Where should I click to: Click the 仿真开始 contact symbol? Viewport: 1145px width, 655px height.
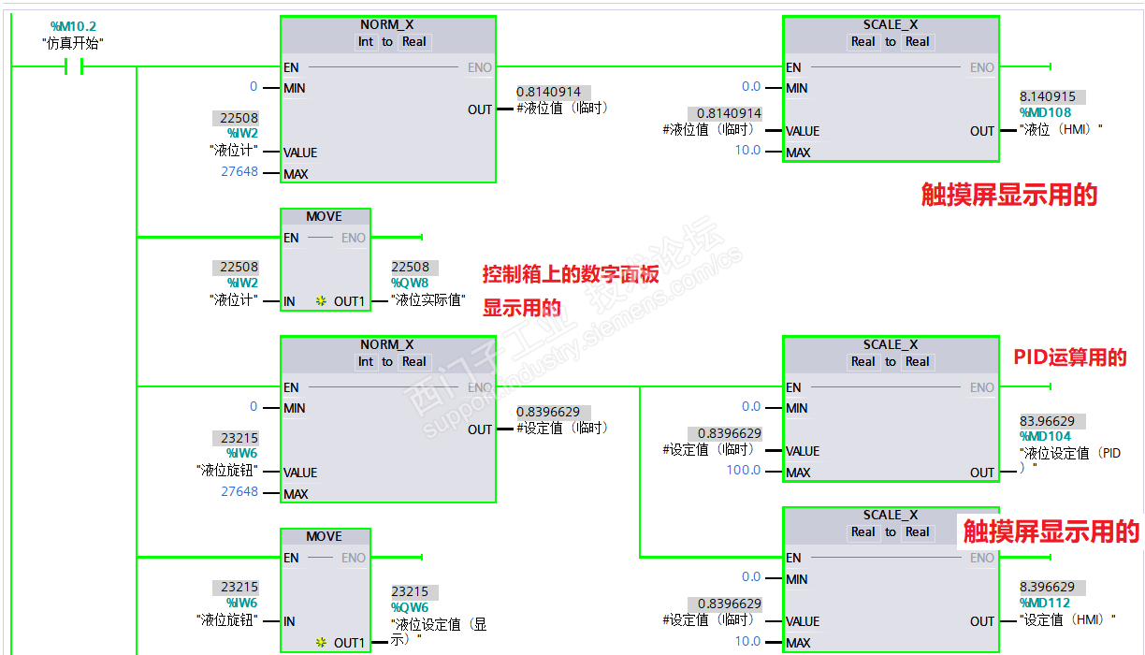pos(73,66)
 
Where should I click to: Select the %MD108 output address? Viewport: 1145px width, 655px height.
pos(1045,112)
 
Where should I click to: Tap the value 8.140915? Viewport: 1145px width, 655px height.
pos(1047,96)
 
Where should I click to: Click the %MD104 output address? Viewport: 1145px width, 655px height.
pos(1045,436)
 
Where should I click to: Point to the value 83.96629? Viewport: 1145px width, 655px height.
pos(1047,421)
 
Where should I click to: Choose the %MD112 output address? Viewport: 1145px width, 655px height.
pos(1045,603)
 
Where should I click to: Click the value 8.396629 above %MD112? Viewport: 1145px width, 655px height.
pos(1047,588)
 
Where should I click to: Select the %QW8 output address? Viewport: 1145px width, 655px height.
pos(410,283)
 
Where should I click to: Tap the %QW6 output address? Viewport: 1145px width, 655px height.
pos(410,606)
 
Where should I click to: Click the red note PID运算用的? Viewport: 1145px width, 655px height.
pos(1070,357)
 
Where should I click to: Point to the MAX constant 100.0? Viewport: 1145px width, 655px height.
pos(744,470)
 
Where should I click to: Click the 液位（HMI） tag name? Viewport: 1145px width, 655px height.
pos(1061,129)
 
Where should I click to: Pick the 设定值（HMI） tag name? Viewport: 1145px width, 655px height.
pos(1067,619)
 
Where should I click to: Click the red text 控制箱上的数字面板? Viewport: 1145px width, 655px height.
pos(571,274)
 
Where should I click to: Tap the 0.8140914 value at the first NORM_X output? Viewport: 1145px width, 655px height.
pos(548,92)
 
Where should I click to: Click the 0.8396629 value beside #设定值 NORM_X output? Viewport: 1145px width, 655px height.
pos(548,412)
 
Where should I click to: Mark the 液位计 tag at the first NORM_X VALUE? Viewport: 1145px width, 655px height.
pos(234,150)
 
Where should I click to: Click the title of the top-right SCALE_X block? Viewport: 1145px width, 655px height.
pos(891,24)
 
